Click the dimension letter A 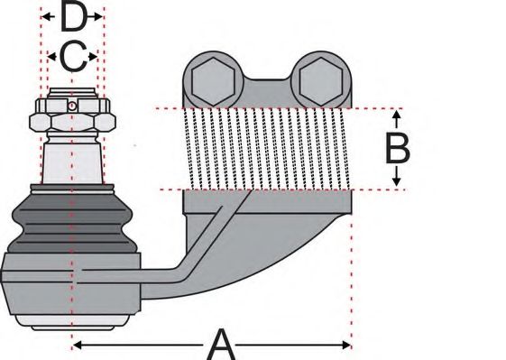[221, 344]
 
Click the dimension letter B [398, 148]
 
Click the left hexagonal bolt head [211, 80]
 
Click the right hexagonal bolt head [321, 80]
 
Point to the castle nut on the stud [72, 116]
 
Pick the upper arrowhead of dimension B [397, 116]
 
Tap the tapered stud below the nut [72, 161]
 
